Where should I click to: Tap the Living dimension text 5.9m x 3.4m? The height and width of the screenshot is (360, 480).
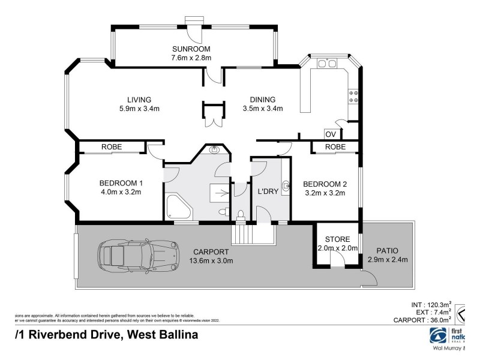(139, 109)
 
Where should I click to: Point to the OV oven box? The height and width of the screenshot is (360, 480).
(330, 134)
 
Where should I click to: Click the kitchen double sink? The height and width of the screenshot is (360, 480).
(328, 64)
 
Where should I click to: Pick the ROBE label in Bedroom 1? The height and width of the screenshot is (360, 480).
(112, 146)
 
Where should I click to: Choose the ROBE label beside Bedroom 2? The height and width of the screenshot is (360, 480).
(335, 146)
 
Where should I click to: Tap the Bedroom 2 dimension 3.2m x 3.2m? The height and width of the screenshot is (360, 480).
(324, 193)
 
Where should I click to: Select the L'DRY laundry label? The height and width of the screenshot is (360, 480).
(266, 191)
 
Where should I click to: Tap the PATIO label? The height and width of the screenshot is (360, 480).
(388, 250)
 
